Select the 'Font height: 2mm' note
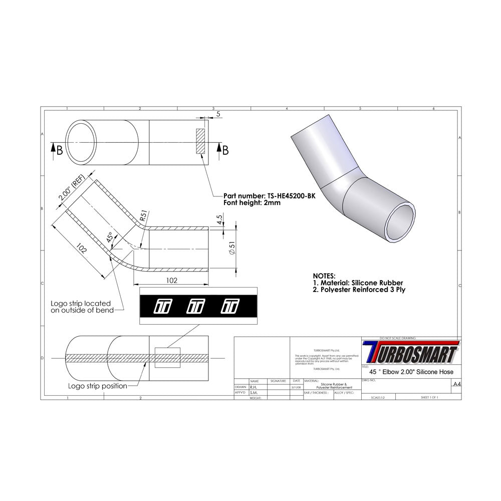[x=252, y=203]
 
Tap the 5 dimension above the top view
[x=219, y=115]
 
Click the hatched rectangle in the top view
[x=201, y=141]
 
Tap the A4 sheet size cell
[x=456, y=384]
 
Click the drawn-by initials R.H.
[x=254, y=387]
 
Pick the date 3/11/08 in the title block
[x=296, y=387]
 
